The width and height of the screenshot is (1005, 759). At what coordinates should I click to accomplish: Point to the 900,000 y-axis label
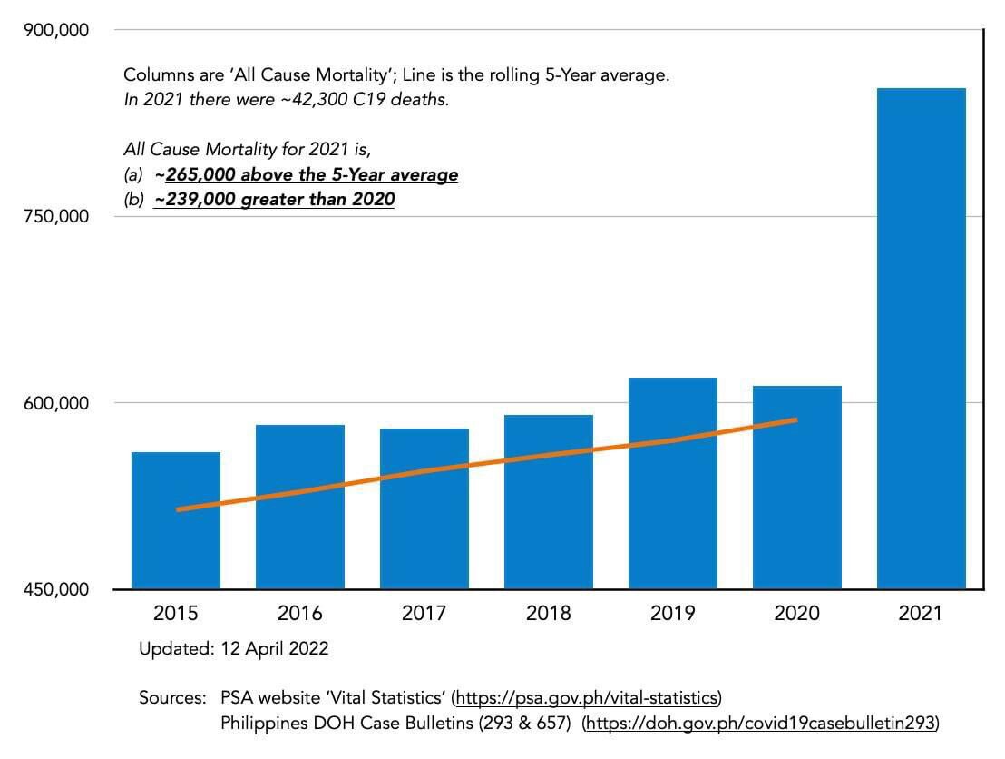point(55,30)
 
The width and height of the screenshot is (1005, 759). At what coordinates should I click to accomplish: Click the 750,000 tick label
point(55,216)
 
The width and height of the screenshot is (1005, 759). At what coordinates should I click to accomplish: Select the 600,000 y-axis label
point(55,402)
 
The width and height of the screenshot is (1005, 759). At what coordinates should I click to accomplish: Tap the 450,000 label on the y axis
point(55,589)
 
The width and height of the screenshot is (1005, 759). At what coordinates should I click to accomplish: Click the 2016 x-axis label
point(300,614)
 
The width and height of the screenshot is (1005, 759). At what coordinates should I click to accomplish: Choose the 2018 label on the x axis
point(548,614)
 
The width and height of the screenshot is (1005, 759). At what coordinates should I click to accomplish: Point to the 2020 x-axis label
point(796,614)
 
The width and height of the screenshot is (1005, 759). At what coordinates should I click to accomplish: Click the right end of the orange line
point(795,420)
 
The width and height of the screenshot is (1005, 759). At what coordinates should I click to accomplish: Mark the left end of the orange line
point(178,509)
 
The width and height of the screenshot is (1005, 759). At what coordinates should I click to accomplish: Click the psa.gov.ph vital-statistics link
point(587,698)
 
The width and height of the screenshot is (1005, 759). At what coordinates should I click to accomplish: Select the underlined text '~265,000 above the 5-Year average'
point(306,174)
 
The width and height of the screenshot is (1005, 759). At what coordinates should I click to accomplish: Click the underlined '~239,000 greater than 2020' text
point(274,199)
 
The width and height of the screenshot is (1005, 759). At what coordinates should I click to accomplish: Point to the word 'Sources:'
point(172,698)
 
